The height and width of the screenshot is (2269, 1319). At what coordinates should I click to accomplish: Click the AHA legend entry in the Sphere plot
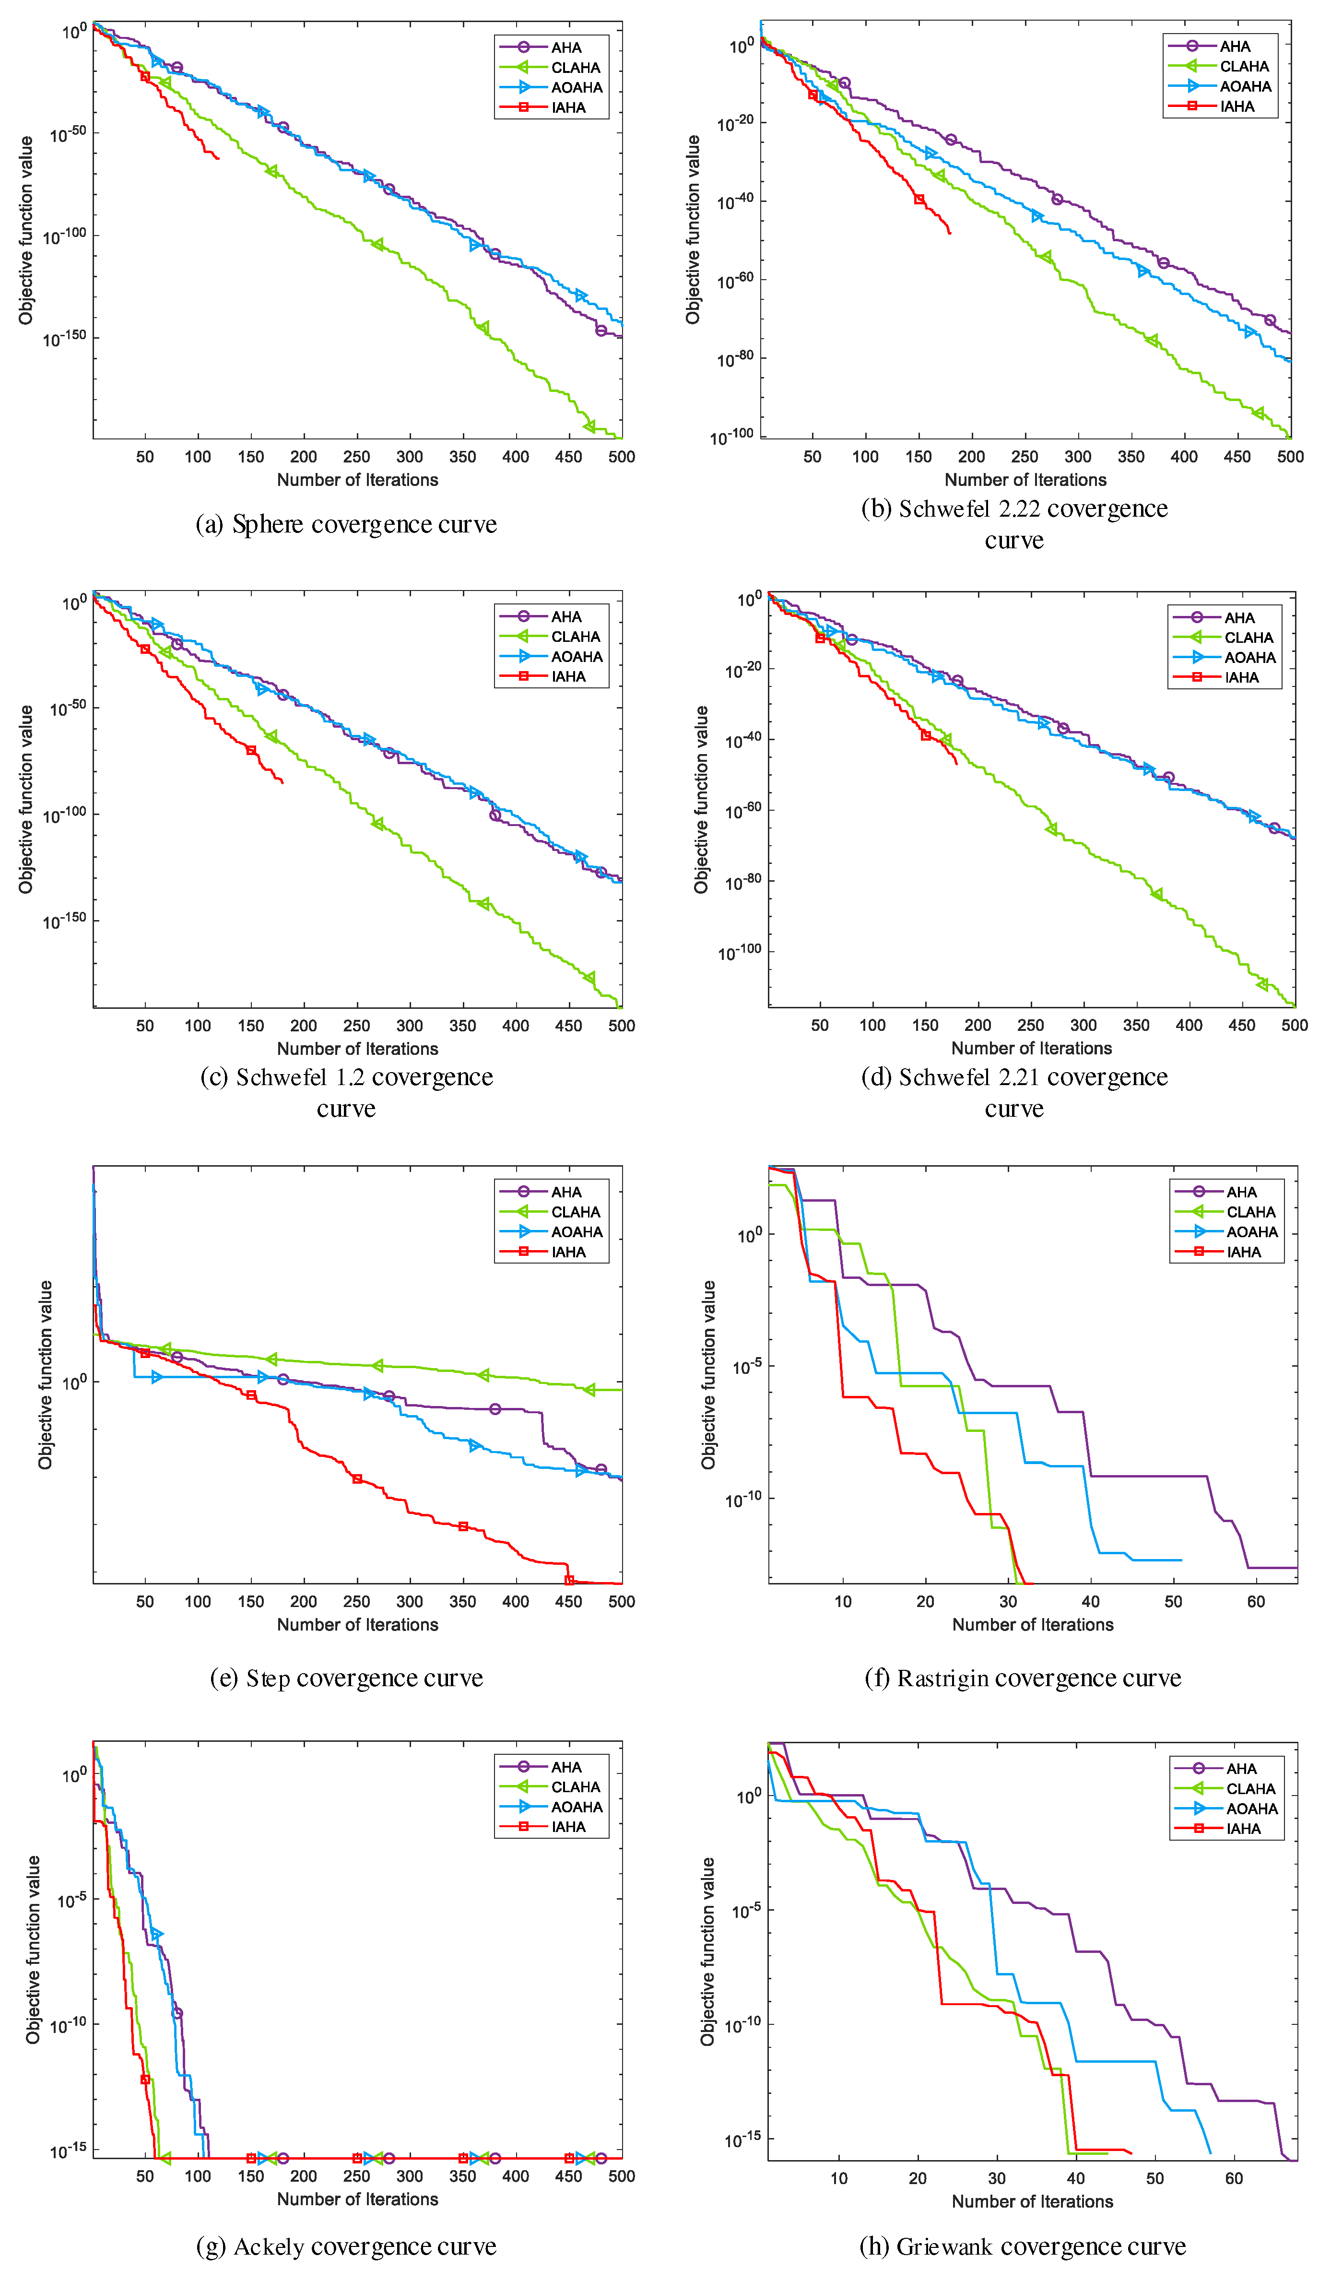565,47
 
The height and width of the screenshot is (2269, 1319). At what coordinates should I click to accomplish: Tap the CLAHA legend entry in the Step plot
575,1212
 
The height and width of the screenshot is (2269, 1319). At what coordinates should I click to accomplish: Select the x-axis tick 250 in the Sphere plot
356,457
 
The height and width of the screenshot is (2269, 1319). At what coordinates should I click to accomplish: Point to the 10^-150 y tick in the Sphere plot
65,338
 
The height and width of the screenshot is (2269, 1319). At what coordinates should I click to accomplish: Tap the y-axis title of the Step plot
45,1375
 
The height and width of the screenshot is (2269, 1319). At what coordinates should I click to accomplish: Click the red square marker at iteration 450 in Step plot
569,1580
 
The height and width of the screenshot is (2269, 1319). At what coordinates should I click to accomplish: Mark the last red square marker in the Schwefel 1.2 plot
251,750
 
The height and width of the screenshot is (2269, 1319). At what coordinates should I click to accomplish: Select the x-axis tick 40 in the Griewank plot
1076,2178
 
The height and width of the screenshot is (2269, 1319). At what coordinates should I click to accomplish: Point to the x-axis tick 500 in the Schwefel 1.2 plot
621,1026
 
